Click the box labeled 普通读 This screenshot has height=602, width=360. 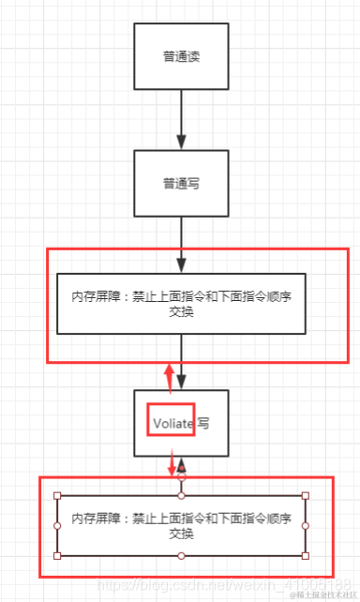point(181,56)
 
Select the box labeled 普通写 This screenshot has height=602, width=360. point(181,184)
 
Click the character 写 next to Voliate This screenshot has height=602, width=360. point(203,424)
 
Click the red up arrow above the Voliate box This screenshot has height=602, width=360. point(170,377)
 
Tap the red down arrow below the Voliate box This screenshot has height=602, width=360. point(172,464)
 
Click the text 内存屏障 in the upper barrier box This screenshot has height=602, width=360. point(92,296)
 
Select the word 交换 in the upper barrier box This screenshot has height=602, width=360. point(181,313)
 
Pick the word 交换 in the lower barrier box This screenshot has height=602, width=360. point(181,534)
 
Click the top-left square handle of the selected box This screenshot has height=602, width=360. point(57,495)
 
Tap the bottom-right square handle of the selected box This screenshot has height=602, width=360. point(306,555)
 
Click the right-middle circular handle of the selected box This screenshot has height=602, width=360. point(306,525)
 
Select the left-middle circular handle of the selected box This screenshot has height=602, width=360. point(57,525)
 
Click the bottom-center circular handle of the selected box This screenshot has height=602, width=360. point(181,555)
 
